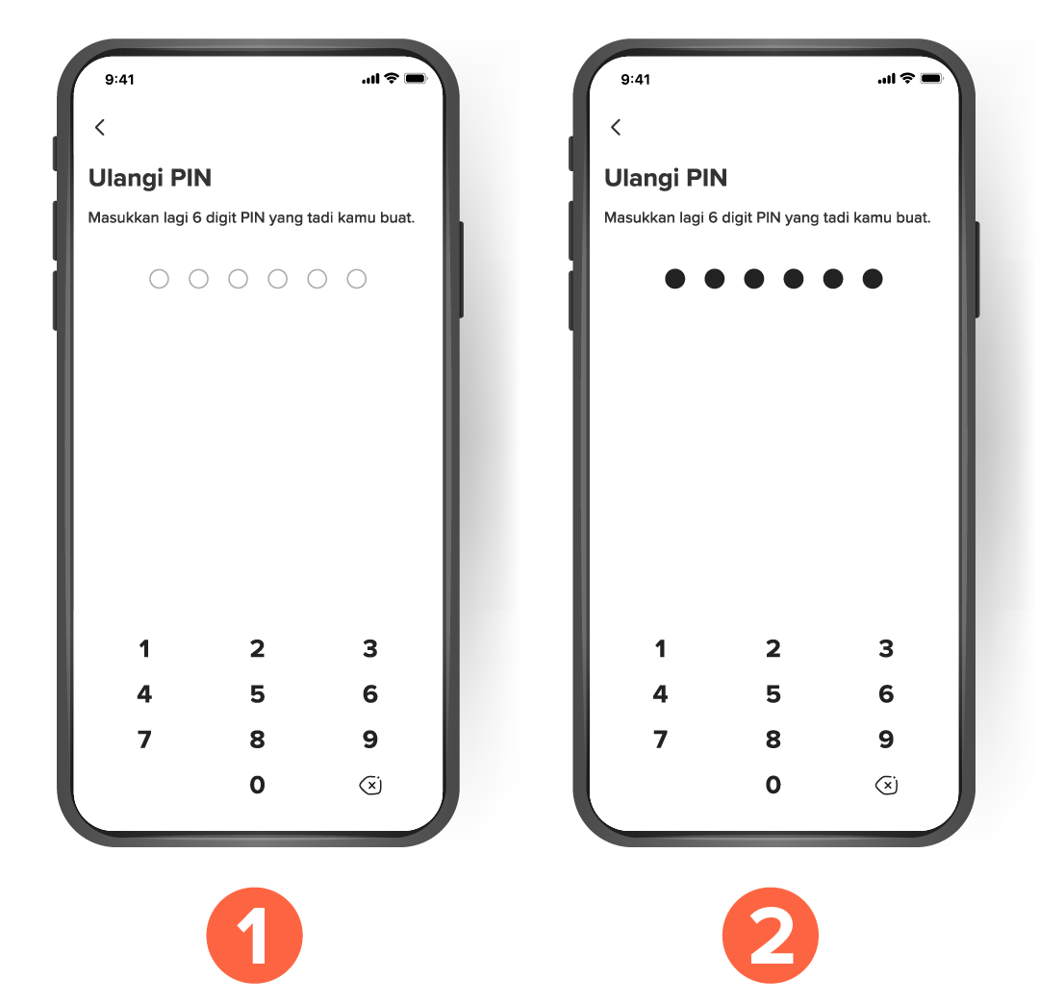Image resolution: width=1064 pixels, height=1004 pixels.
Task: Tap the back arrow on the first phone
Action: coord(100,127)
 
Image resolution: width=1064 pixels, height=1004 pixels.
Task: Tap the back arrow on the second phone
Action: coord(616,127)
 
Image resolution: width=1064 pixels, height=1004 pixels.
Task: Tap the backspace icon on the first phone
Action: coord(370,786)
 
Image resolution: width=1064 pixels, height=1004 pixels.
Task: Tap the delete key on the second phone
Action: coord(886,786)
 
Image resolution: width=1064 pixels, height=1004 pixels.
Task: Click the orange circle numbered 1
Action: coord(254,936)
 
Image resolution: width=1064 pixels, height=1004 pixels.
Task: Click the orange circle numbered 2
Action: coord(770,936)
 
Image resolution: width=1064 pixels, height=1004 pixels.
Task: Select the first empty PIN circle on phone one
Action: coord(160,279)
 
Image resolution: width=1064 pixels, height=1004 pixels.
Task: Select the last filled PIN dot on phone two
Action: coord(873,279)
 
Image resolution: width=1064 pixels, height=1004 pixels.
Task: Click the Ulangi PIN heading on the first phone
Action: coord(149,178)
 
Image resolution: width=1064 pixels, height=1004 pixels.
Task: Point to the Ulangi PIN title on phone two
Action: coord(665,178)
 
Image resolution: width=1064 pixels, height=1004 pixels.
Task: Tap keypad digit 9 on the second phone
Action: coord(886,740)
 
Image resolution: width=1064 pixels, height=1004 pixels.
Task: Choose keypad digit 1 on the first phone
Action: coord(144,649)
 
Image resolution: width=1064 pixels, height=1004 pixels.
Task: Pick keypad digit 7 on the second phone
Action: coord(660,740)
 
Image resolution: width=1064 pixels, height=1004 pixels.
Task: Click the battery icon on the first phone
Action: coord(416,79)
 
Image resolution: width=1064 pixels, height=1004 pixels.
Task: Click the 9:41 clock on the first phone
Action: coord(119,80)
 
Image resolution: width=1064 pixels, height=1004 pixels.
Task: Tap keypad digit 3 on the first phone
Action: coord(370,649)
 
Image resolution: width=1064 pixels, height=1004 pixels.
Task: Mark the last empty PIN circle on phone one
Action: coord(357,279)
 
